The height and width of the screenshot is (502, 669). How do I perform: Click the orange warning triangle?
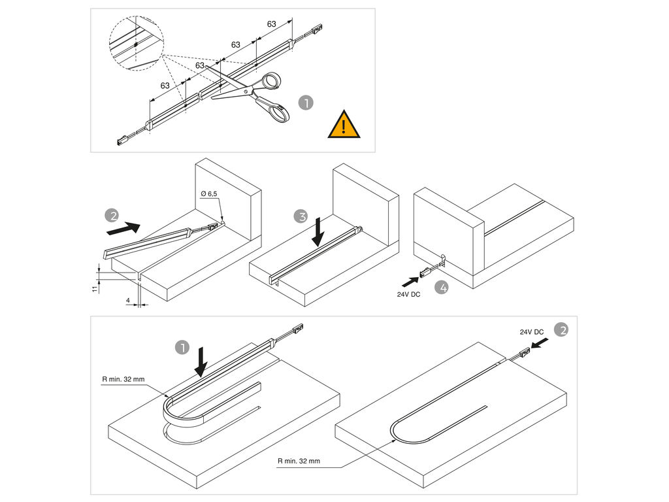(344, 125)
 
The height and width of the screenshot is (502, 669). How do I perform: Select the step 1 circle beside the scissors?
(305, 103)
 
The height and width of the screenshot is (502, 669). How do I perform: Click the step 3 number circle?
(299, 216)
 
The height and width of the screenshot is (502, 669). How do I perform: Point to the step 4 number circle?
(442, 287)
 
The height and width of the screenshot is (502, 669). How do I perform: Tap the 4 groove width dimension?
(128, 301)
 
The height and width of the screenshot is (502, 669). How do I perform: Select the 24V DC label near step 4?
(410, 295)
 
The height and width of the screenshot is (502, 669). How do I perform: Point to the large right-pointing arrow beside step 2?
(123, 228)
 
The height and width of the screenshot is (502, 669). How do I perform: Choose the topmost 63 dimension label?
(272, 24)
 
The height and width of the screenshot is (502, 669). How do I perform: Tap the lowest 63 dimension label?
(165, 86)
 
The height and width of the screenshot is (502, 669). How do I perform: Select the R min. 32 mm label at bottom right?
(299, 461)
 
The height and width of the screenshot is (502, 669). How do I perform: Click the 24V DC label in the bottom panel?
(532, 332)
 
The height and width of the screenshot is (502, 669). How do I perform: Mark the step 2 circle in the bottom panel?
(561, 329)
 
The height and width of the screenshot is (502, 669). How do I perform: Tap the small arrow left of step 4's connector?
(410, 280)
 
